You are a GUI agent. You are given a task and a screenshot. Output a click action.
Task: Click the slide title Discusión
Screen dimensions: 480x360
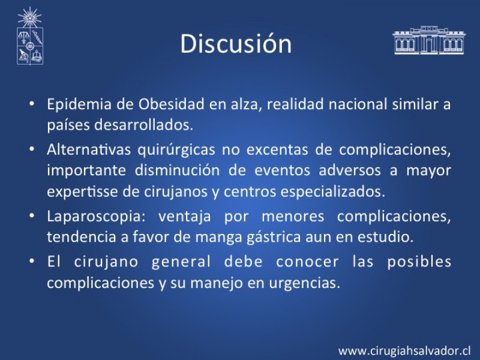click(236, 43)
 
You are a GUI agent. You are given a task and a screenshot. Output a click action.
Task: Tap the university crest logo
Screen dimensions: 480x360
click(29, 36)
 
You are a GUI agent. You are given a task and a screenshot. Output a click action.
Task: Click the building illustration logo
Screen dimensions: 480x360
click(429, 40)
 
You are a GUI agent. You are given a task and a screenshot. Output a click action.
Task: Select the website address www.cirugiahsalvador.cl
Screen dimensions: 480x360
click(404, 351)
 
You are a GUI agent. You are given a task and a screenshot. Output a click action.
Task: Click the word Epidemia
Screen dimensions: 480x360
click(79, 104)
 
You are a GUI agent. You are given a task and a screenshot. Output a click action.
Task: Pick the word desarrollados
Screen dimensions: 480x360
click(143, 125)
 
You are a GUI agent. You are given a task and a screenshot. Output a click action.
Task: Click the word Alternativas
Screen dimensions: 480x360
click(89, 149)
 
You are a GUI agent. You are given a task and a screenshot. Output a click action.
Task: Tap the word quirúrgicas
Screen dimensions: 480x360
click(176, 150)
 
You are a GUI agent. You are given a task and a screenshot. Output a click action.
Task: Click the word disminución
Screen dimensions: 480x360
click(177, 170)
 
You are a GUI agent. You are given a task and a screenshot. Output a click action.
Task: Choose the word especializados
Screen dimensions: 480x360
click(333, 192)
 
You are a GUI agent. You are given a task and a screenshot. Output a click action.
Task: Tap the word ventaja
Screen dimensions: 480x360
click(185, 217)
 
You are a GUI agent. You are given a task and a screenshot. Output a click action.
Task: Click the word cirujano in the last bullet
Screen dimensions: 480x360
click(106, 262)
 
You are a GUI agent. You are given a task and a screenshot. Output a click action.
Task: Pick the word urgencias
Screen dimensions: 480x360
click(305, 283)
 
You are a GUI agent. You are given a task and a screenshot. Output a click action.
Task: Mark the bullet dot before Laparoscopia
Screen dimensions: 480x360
click(32, 216)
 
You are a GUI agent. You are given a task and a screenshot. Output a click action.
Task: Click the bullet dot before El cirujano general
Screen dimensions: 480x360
click(32, 262)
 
